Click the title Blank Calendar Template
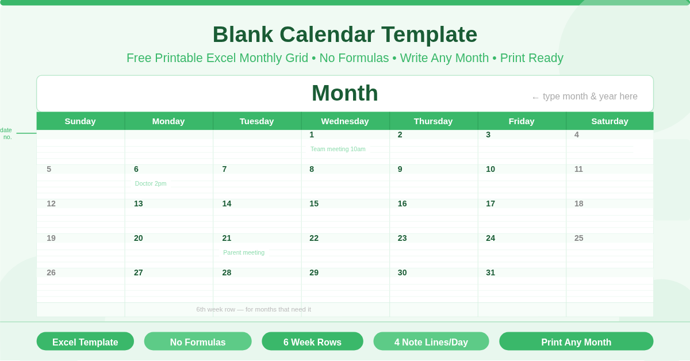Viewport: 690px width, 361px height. pyautogui.click(x=344, y=34)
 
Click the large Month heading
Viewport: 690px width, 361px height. pyautogui.click(x=344, y=93)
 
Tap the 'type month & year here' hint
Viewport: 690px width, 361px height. pyautogui.click(x=589, y=97)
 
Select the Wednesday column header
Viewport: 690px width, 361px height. pyautogui.click(x=345, y=121)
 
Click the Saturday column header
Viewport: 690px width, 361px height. pyautogui.click(x=609, y=121)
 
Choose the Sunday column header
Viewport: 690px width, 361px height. pyautogui.click(x=80, y=121)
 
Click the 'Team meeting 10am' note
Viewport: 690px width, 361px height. pyautogui.click(x=338, y=149)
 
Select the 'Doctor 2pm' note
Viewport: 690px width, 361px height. pyautogui.click(x=151, y=183)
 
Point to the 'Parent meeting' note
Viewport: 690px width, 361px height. pyautogui.click(x=244, y=252)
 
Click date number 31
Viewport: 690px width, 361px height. pyautogui.click(x=490, y=272)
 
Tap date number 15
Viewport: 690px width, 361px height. pyautogui.click(x=314, y=203)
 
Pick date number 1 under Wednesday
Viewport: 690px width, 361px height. pyautogui.click(x=312, y=135)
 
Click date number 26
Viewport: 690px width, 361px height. pyautogui.click(x=51, y=272)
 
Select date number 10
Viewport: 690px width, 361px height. pyautogui.click(x=490, y=169)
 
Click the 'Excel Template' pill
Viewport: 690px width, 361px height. pyautogui.click(x=85, y=341)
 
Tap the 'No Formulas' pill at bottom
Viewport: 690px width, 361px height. pyautogui.click(x=198, y=341)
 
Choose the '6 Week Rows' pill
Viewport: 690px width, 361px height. pyautogui.click(x=312, y=341)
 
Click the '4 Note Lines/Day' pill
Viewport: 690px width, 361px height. pyautogui.click(x=431, y=341)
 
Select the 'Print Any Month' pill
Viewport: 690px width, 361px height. pyautogui.click(x=576, y=341)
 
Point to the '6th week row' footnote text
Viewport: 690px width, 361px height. pyautogui.click(x=254, y=309)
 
